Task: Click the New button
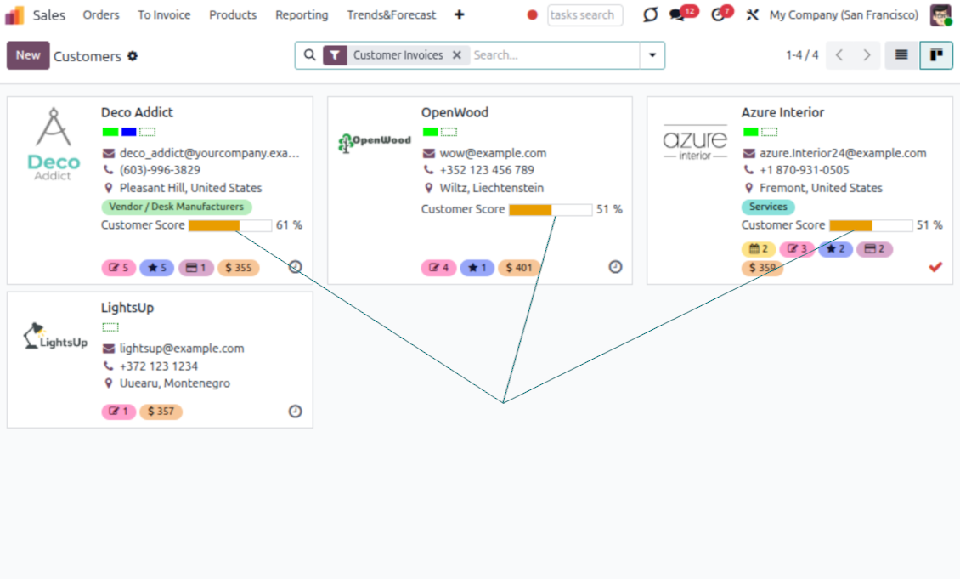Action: coord(28,55)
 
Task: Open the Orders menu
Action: coord(101,14)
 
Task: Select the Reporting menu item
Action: coord(302,14)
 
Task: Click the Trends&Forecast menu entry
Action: coord(391,14)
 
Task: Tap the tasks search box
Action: coord(584,15)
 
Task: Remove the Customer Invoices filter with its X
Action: coord(456,55)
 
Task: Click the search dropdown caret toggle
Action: coord(652,55)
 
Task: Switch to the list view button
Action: coord(901,55)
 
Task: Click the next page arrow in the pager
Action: coord(867,55)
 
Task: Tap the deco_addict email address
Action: coord(209,154)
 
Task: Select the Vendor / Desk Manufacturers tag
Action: coord(177,207)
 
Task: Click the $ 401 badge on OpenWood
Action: coord(518,268)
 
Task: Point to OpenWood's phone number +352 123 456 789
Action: coord(487,171)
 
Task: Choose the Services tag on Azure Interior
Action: coord(768,207)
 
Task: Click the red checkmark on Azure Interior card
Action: coord(935,267)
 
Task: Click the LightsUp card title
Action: coord(127,308)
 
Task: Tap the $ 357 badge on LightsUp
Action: coord(161,412)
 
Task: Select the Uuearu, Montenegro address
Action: coord(174,383)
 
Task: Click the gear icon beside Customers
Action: coord(133,56)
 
